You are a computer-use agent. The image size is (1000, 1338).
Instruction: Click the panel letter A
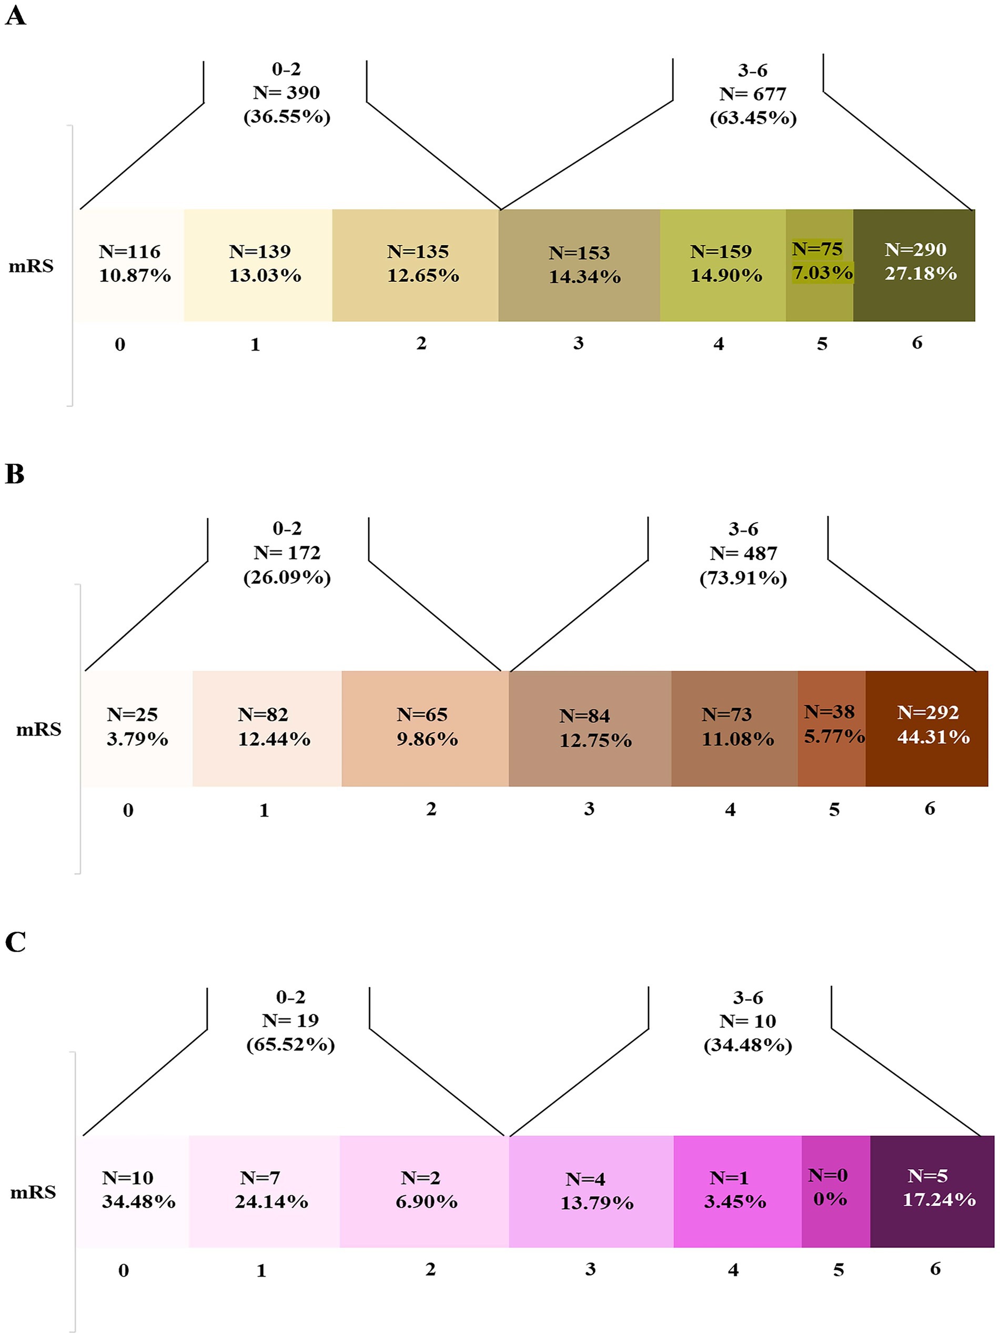(x=16, y=16)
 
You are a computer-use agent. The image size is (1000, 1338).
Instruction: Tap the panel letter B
(x=15, y=474)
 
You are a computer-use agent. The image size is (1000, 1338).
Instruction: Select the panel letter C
(x=15, y=942)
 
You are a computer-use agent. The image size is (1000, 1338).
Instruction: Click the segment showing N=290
(x=914, y=265)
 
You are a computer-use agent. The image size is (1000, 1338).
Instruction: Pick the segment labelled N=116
(x=129, y=265)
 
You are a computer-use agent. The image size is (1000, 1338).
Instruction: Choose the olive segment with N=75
(x=820, y=265)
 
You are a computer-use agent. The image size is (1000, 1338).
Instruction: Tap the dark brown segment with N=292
(x=927, y=728)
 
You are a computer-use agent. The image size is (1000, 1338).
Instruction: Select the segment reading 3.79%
(x=137, y=728)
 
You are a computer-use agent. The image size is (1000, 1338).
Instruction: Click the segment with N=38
(x=832, y=728)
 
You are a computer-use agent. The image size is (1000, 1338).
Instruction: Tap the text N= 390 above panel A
(x=286, y=93)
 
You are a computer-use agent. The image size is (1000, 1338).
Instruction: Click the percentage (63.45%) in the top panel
(x=753, y=117)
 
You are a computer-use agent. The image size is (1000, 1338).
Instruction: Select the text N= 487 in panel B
(x=743, y=554)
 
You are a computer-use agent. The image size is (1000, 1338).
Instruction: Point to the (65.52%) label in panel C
(x=290, y=1045)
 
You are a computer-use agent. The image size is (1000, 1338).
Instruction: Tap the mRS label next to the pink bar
(x=33, y=1192)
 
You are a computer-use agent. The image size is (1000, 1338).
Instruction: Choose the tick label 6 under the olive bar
(x=917, y=343)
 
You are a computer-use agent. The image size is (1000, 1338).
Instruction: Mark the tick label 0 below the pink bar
(x=124, y=1270)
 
